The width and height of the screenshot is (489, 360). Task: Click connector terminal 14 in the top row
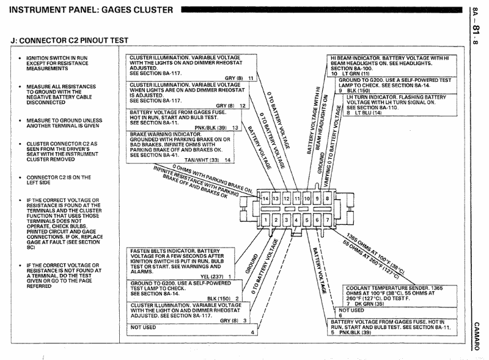[265, 199]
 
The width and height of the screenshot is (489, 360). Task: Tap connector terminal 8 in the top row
[327, 199]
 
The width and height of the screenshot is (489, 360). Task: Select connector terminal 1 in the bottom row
[265, 220]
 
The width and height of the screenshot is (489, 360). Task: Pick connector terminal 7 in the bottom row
[327, 220]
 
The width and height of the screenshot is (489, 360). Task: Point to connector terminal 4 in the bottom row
[296, 220]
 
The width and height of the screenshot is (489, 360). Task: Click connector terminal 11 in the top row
[297, 199]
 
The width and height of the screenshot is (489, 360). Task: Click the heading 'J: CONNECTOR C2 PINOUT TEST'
[69, 40]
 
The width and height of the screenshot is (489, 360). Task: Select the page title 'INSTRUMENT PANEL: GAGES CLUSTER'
[91, 10]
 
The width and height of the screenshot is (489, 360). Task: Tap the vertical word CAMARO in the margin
[476, 336]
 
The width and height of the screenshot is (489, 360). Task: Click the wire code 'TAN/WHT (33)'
[202, 160]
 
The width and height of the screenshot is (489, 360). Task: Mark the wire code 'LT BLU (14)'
[368, 112]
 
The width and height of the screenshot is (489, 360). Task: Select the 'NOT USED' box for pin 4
[192, 329]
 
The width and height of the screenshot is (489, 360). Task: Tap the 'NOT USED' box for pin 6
[395, 313]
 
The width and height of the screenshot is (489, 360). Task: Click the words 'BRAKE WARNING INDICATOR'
[166, 134]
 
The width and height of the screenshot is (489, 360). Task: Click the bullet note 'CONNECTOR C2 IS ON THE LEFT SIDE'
[59, 180]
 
